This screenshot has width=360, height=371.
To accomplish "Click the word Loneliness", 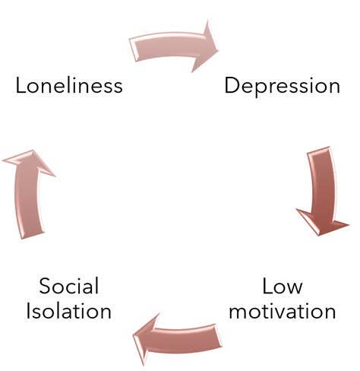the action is [x=69, y=86].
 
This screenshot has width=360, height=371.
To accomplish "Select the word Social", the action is [x=69, y=286].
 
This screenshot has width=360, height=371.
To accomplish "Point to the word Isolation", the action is [x=69, y=311].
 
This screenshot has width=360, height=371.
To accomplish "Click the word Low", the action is [x=283, y=286].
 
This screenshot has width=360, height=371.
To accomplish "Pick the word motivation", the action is [x=283, y=311].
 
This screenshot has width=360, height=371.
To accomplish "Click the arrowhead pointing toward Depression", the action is [x=205, y=47].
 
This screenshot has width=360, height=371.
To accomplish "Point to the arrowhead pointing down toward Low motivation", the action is [x=322, y=222].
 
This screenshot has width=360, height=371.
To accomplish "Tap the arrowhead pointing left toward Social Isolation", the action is [x=146, y=339].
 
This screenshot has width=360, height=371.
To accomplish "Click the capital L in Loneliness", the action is [x=21, y=86].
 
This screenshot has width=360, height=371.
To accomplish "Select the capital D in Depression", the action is [x=232, y=86].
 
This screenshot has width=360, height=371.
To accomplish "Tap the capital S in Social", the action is [x=45, y=286].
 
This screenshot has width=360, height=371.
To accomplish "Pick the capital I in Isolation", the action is [x=28, y=311].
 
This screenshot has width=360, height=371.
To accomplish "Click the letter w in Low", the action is [x=294, y=288].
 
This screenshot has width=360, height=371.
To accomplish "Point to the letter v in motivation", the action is [x=286, y=313].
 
